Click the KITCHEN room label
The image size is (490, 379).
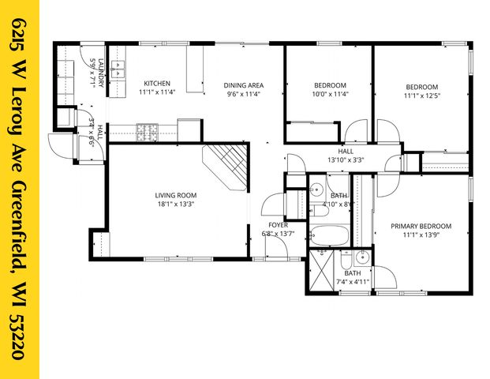(x=155, y=84)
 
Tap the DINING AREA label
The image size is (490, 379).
(x=242, y=85)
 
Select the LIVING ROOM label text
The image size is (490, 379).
(x=175, y=195)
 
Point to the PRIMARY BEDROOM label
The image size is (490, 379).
(x=422, y=225)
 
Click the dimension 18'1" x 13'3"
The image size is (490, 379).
(x=175, y=205)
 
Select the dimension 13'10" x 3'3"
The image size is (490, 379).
(x=346, y=159)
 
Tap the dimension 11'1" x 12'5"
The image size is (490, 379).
(x=421, y=96)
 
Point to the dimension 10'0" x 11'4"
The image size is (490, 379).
(x=330, y=94)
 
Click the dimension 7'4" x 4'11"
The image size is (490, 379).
(x=352, y=281)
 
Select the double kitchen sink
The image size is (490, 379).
(x=119, y=69)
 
